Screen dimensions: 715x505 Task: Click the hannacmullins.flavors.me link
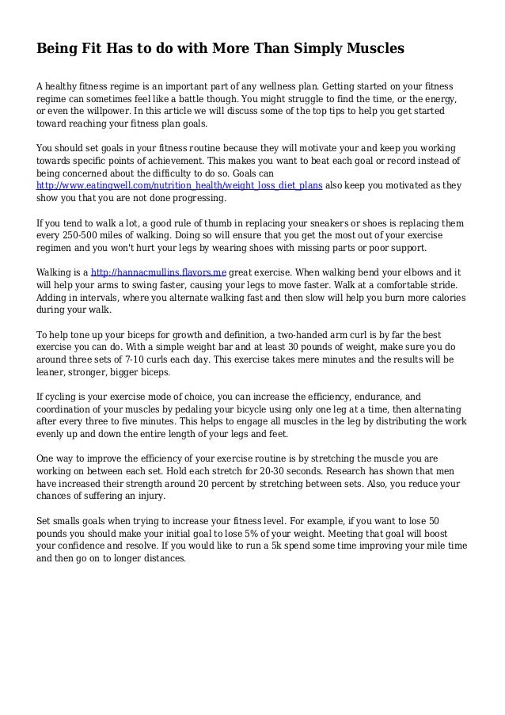pyautogui.click(x=158, y=273)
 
